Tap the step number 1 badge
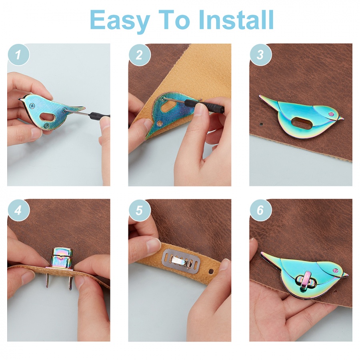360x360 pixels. coord(18,55)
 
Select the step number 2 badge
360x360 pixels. coord(139,55)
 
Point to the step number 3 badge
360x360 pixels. coord(260,55)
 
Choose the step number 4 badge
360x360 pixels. coord(18,210)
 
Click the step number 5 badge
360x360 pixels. coord(139,210)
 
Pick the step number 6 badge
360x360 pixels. coord(260,210)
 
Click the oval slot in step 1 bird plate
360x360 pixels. coord(47,117)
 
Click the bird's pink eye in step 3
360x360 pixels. coord(331,114)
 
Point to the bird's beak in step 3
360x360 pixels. coord(341,118)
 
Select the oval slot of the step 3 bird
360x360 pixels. coord(300,123)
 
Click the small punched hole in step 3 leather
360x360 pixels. coord(261,124)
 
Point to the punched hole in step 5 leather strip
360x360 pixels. coord(211,272)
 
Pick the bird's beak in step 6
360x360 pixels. coord(344,274)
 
